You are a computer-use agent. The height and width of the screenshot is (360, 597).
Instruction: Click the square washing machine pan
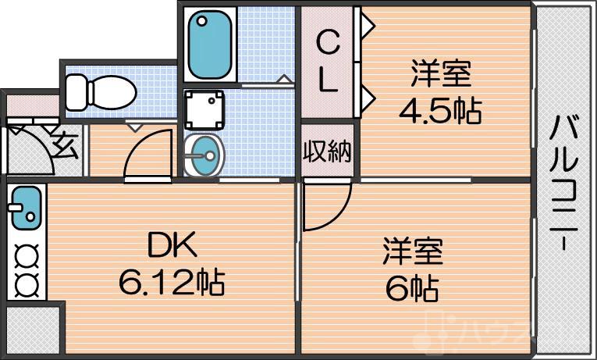pos(204,109)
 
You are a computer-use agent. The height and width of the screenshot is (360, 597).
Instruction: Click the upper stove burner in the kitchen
pos(26,254)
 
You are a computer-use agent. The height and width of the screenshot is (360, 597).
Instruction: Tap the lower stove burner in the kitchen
pos(26,282)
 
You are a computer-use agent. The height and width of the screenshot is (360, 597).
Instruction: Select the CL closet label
pos(328,62)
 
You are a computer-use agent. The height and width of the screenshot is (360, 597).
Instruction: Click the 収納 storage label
pos(328,151)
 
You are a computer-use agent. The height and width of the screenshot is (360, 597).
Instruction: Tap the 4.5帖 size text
pos(440,110)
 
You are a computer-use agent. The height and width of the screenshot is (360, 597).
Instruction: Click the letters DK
pos(172,247)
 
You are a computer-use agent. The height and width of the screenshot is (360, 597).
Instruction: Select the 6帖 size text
pos(411,289)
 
